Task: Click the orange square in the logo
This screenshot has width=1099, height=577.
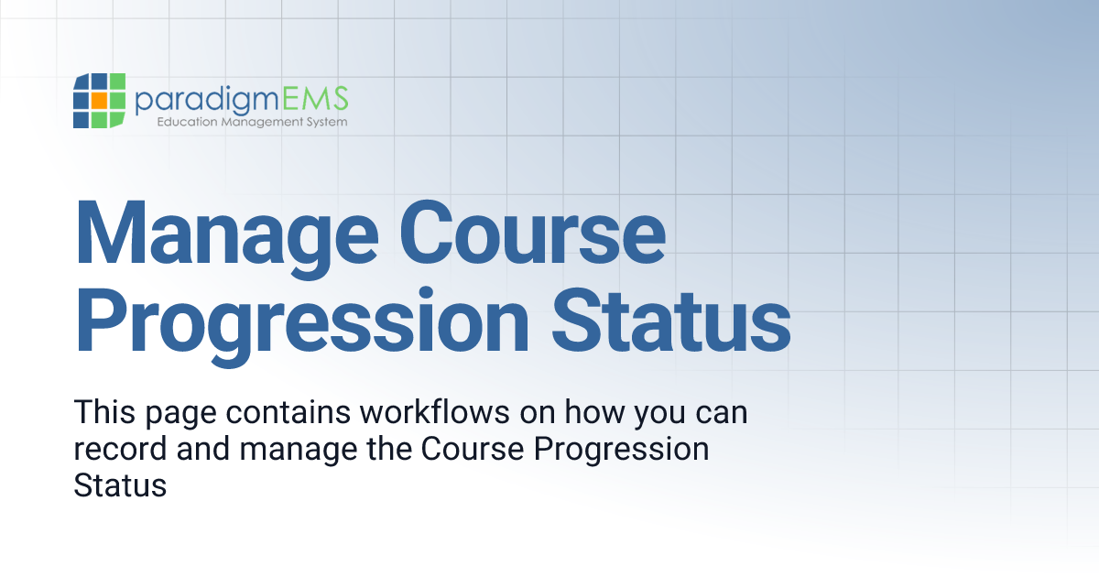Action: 99,99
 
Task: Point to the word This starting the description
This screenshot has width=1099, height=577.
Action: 103,413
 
